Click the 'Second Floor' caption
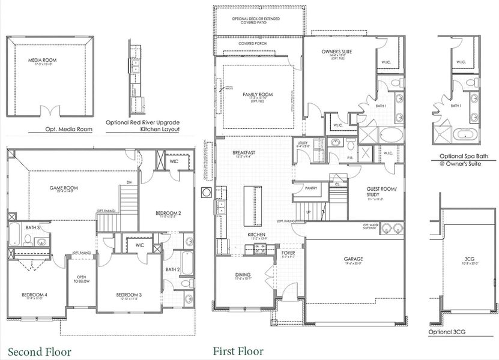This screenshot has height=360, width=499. pyautogui.click(x=39, y=352)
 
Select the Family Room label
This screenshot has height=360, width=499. pyautogui.click(x=258, y=95)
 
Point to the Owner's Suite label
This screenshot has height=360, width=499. pyautogui.click(x=337, y=52)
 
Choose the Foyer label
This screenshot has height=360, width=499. pyautogui.click(x=288, y=254)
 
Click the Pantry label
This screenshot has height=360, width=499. pyautogui.click(x=311, y=188)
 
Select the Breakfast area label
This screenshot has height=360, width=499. pyautogui.click(x=244, y=154)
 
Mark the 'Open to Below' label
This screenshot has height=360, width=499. pyautogui.click(x=80, y=281)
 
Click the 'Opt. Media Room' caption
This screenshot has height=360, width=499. pyautogui.click(x=68, y=129)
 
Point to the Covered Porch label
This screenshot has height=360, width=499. pyautogui.click(x=252, y=44)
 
